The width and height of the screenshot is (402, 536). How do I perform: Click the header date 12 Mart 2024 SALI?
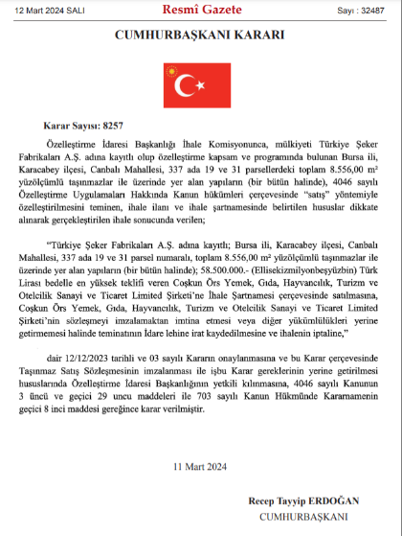(x=45, y=10)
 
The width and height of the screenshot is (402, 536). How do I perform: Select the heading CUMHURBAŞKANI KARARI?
(x=200, y=35)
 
